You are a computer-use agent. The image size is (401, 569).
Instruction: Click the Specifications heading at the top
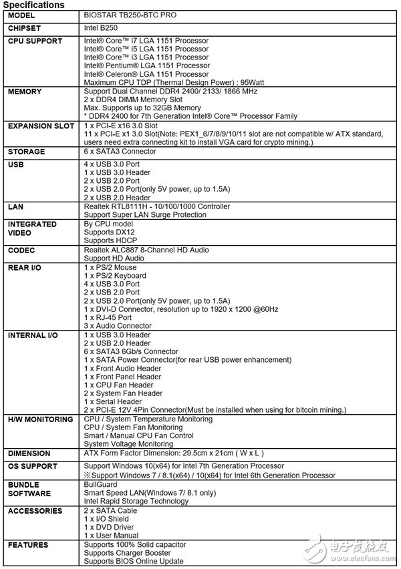(x=33, y=5)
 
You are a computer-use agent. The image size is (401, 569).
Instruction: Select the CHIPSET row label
(x=25, y=29)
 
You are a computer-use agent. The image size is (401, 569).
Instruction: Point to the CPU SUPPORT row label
(x=35, y=41)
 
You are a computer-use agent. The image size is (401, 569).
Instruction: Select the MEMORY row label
(x=25, y=91)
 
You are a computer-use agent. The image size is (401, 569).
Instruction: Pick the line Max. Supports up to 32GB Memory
(x=142, y=108)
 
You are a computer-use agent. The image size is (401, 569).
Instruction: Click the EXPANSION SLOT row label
(x=41, y=126)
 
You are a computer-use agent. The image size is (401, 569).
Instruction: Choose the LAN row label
(x=15, y=207)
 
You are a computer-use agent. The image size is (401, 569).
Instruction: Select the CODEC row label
(x=21, y=250)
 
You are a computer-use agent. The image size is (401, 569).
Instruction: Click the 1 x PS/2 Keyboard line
(x=115, y=276)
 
